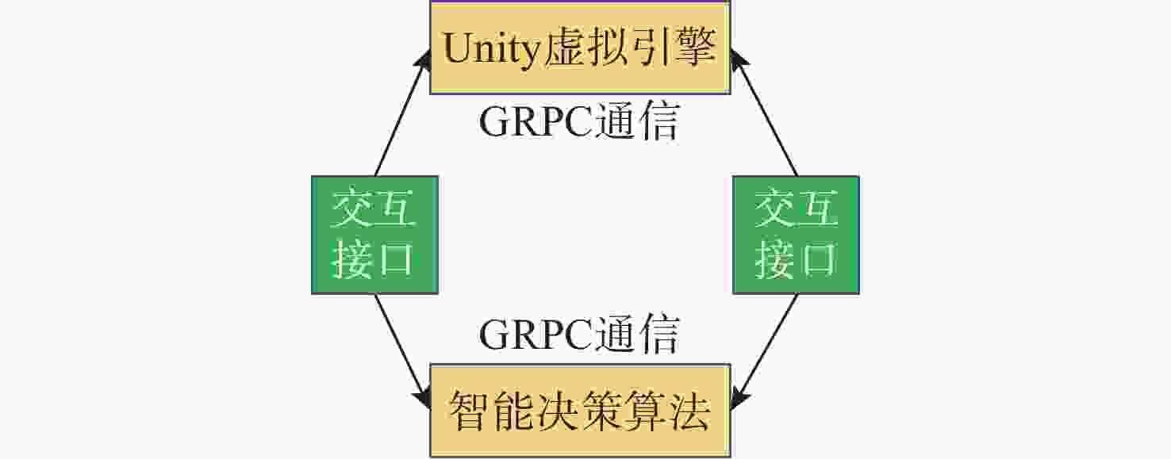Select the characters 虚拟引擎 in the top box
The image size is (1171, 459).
click(x=630, y=49)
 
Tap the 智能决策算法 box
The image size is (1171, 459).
click(x=580, y=410)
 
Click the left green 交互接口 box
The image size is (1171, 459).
click(x=374, y=235)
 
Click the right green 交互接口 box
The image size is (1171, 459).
click(x=796, y=235)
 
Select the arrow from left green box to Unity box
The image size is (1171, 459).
click(x=401, y=116)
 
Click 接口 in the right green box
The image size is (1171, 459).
click(x=796, y=259)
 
